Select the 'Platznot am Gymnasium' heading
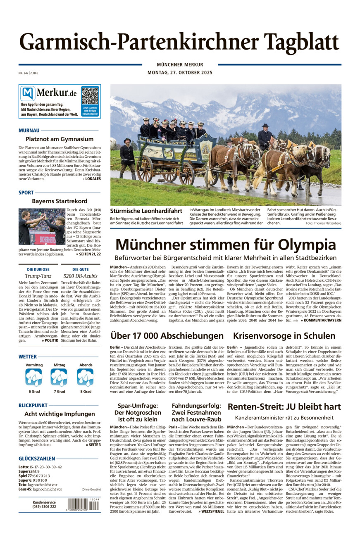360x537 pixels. click(60, 139)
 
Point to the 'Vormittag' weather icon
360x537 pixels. click(34, 378)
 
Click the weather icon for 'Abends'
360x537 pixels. click(86, 378)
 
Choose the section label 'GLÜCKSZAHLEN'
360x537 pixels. click(37, 459)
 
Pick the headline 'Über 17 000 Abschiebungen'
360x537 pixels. click(167, 335)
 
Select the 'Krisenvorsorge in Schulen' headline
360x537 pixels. click(284, 335)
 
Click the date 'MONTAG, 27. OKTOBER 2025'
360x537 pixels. click(180, 73)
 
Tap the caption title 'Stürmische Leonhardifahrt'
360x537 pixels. click(146, 211)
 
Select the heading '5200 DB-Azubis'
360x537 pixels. click(81, 276)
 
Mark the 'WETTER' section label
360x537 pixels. click(28, 356)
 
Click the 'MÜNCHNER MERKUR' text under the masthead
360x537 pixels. click(180, 64)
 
